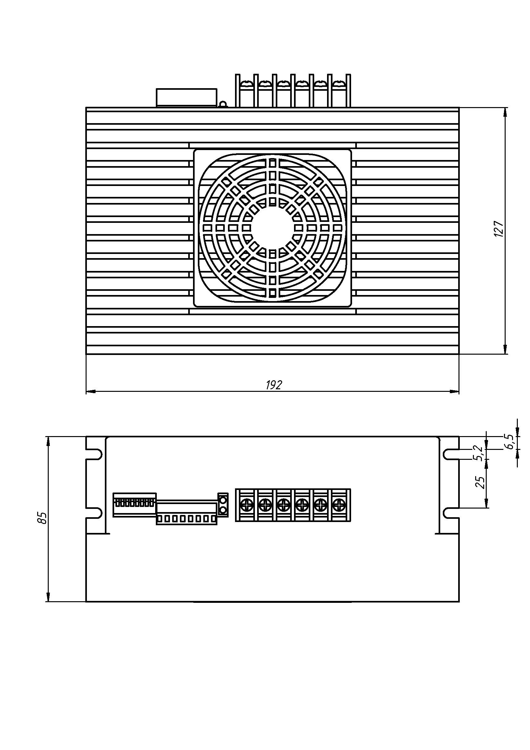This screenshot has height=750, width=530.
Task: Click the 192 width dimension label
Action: tap(273, 385)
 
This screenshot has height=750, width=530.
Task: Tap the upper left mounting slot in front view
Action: tap(94, 454)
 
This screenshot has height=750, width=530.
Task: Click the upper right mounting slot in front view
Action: tap(451, 454)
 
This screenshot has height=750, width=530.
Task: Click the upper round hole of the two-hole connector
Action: tap(223, 500)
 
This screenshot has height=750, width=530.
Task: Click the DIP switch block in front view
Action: tap(135, 505)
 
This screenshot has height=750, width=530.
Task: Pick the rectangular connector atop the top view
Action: tap(187, 97)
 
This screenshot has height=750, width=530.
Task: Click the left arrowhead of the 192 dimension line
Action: tap(90, 391)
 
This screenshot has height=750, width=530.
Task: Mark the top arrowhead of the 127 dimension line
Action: tap(505, 112)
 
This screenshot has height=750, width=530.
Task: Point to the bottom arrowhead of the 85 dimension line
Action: tap(48, 596)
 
